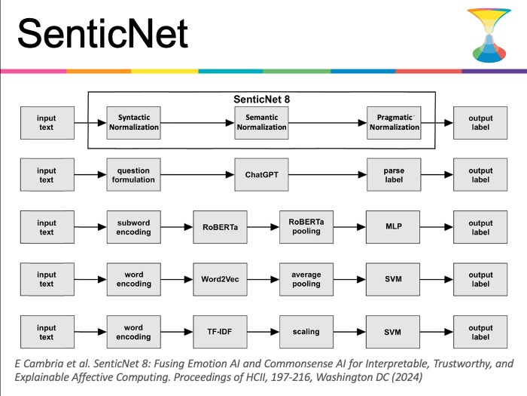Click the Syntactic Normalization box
coord(134,123)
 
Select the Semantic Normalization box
coord(261,123)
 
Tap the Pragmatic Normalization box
coord(394,123)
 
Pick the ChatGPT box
coord(261,175)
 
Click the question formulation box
coord(134,175)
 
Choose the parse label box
coord(394,175)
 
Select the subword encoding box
coord(134,227)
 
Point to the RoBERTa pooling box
coord(306,227)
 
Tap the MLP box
coord(393,227)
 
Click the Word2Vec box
coord(220,280)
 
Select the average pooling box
coord(306,280)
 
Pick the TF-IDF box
coord(220,332)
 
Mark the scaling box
coord(306,332)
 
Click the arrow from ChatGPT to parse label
coord(327,175)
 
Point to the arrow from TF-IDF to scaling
coord(263,332)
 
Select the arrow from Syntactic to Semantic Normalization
coord(197,123)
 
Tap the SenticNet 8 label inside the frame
coord(261,100)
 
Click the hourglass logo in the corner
coord(489,35)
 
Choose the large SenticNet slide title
coord(102,34)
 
